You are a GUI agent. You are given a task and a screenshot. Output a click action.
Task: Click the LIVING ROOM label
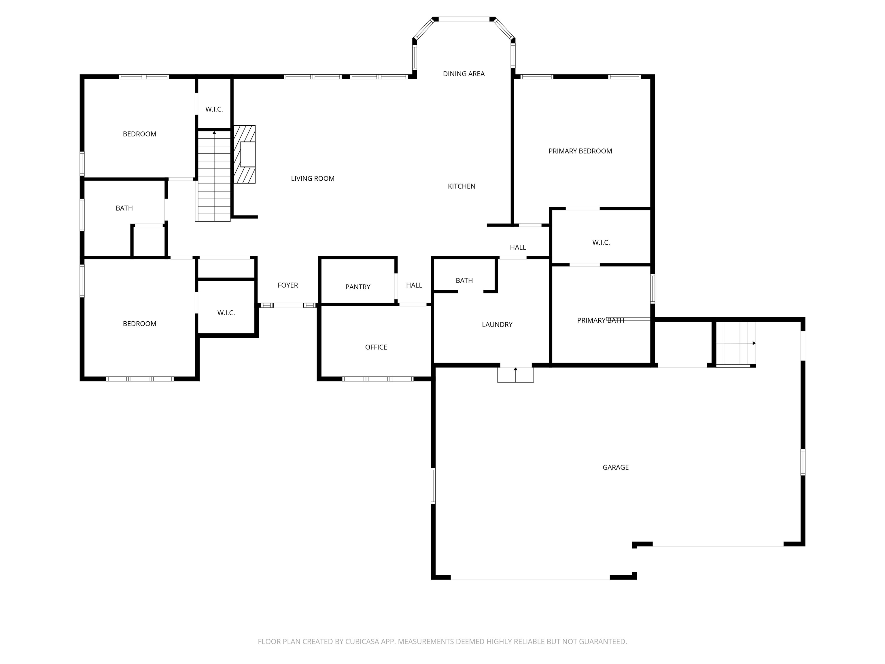(313, 178)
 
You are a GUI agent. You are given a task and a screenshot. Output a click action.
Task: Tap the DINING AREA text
(464, 74)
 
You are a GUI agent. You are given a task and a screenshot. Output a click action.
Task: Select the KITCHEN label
(461, 186)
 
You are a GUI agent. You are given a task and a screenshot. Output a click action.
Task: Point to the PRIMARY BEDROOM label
(580, 151)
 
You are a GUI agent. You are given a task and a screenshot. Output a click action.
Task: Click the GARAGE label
(615, 467)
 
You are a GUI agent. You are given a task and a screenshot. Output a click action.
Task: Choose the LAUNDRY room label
(497, 325)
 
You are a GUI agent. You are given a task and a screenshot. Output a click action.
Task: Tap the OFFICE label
(376, 347)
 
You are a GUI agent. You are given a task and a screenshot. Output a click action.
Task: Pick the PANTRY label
(358, 287)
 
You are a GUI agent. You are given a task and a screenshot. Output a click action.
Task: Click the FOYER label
(288, 285)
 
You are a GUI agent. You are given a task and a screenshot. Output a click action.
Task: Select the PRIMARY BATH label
(601, 320)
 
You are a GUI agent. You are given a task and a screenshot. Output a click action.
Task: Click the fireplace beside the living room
(245, 154)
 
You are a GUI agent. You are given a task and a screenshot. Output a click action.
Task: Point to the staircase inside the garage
(736, 344)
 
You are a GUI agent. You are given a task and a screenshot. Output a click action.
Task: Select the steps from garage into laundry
(515, 375)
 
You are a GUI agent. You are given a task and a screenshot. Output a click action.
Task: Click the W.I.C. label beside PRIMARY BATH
(601, 243)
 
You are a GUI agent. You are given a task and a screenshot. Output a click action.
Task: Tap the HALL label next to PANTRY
(414, 285)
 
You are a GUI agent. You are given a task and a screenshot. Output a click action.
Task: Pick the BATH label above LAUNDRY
(464, 281)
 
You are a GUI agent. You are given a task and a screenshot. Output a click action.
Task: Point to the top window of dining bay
(464, 19)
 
